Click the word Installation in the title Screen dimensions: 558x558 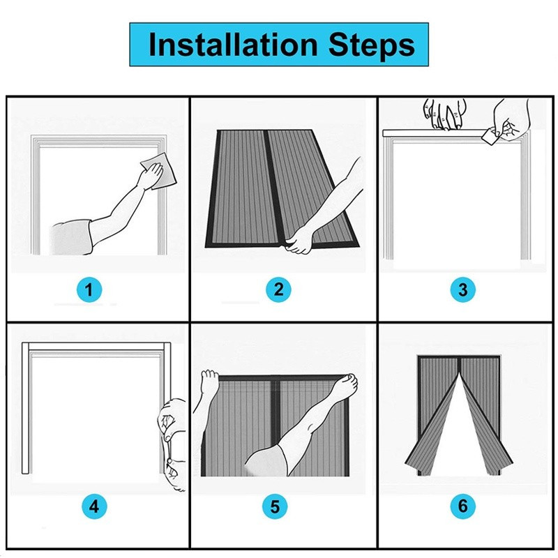click(233, 45)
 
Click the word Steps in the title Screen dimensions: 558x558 click(372, 45)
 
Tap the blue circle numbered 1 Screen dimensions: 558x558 click(89, 289)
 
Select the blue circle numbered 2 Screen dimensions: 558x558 click(278, 289)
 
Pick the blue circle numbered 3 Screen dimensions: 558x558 click(462, 289)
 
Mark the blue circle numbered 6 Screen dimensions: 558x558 click(462, 506)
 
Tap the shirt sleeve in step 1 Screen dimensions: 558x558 click(71, 237)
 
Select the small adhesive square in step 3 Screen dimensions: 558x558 click(488, 136)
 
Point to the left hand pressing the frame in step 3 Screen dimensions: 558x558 click(445, 114)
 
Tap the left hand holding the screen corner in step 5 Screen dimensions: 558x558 click(209, 382)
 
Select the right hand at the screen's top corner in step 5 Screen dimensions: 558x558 click(345, 386)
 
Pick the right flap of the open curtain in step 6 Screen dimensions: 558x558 click(485, 423)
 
